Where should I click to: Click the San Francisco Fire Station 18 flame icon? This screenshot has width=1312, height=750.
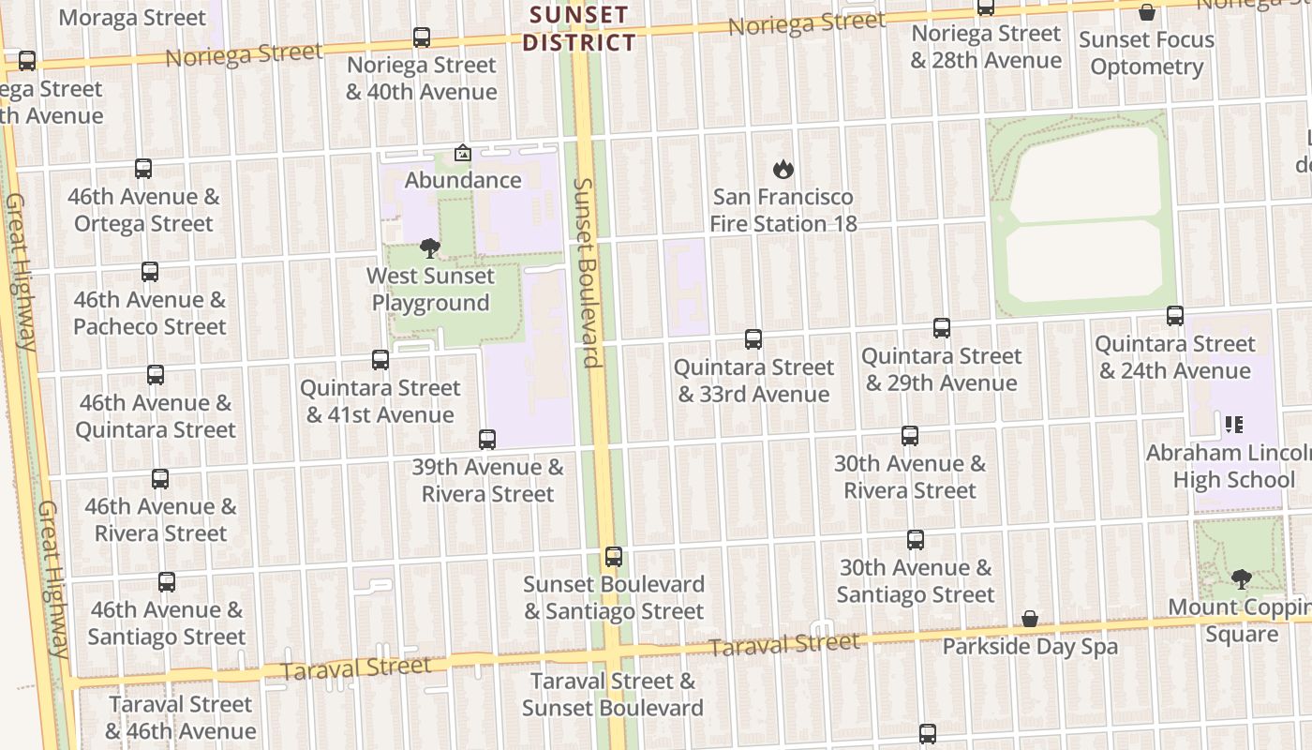pyautogui.click(x=783, y=170)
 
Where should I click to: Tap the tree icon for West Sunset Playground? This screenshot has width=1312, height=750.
pyautogui.click(x=430, y=248)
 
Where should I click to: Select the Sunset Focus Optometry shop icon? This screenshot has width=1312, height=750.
pyautogui.click(x=1146, y=13)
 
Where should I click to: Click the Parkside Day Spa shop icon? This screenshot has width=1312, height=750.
pyautogui.click(x=1030, y=619)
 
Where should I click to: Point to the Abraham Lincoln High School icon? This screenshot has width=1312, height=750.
pyautogui.click(x=1233, y=425)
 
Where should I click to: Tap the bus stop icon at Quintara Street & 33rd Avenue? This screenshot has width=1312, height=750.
pyautogui.click(x=753, y=339)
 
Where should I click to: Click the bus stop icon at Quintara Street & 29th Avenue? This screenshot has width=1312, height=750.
pyautogui.click(x=942, y=328)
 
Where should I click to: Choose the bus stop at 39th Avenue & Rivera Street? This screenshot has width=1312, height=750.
pyautogui.click(x=487, y=440)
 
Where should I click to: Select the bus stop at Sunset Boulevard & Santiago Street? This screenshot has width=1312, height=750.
pyautogui.click(x=614, y=557)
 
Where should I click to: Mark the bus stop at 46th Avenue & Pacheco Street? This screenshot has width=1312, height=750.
pyautogui.click(x=150, y=272)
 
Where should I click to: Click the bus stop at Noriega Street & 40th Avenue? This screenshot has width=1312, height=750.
pyautogui.click(x=422, y=37)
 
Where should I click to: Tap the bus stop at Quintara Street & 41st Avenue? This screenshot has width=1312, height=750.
pyautogui.click(x=380, y=360)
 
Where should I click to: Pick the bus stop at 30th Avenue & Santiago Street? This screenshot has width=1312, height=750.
pyautogui.click(x=916, y=540)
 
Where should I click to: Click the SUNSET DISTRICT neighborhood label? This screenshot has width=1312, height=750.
pyautogui.click(x=579, y=29)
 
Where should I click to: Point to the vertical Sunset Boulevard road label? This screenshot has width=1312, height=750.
pyautogui.click(x=588, y=272)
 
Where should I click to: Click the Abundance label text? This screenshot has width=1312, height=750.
pyautogui.click(x=463, y=180)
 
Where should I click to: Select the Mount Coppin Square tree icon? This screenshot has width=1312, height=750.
pyautogui.click(x=1242, y=579)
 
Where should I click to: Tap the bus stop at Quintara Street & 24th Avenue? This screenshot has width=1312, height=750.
pyautogui.click(x=1175, y=316)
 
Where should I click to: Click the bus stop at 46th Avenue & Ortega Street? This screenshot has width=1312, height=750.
pyautogui.click(x=143, y=169)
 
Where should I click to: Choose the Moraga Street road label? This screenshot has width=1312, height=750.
pyautogui.click(x=131, y=18)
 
